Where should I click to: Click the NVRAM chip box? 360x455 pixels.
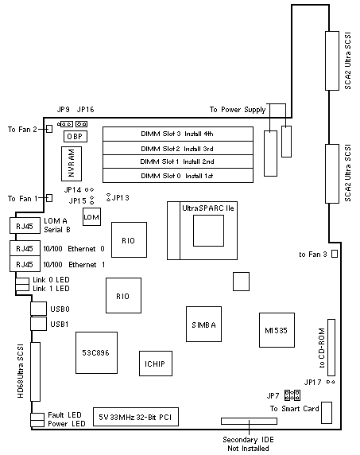tap(72, 164)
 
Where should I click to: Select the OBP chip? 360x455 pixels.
tap(75, 136)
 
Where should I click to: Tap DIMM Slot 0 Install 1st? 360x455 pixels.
tap(178, 176)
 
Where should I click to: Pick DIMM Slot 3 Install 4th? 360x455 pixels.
tap(178, 134)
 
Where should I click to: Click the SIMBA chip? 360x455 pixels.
tap(203, 324)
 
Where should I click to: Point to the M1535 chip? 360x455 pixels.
tap(277, 330)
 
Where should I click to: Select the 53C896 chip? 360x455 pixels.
tap(96, 352)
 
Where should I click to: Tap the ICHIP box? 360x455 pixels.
tap(156, 364)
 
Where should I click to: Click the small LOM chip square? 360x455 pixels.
tap(91, 217)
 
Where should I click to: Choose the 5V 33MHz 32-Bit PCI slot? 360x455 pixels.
tap(136, 417)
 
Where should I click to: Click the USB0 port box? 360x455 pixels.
tap(38, 309)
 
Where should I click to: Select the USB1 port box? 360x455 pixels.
tap(38, 324)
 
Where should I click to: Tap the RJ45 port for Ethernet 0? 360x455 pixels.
tap(25, 248)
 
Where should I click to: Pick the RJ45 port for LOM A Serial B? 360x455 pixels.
tap(25, 225)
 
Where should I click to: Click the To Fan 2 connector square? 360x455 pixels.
tap(49, 129)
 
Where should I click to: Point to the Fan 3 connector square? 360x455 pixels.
tap(335, 254)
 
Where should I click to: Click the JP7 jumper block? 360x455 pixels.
tap(292, 395)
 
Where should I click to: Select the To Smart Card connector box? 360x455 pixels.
tap(327, 413)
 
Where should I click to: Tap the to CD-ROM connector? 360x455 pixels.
tap(331, 348)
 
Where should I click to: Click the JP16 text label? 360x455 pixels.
tap(86, 110)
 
